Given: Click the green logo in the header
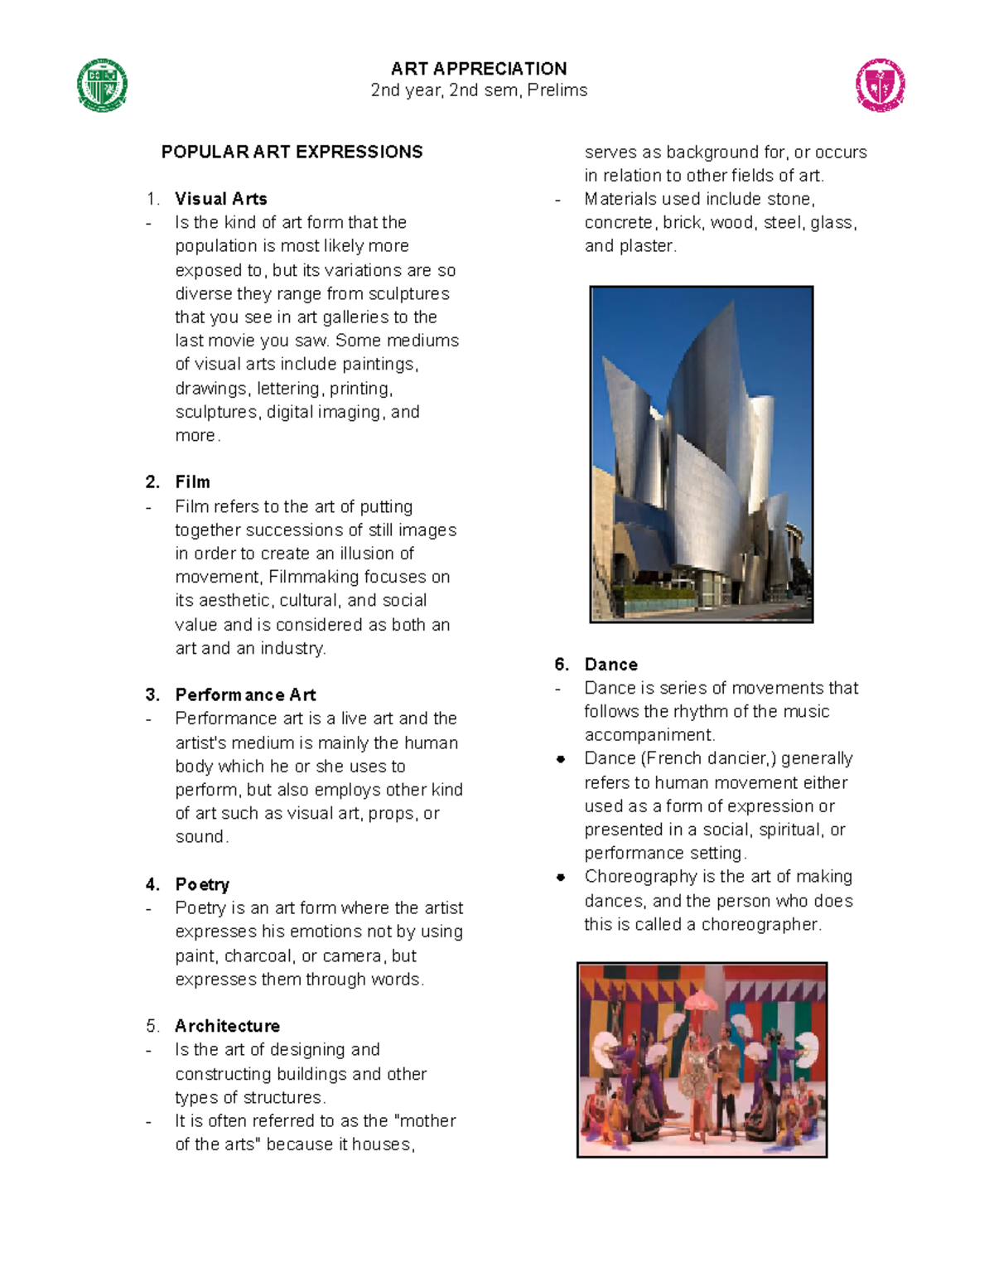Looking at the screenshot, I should point(102,85).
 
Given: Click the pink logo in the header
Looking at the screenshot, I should point(880,85).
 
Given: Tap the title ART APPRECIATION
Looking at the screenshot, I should point(479,69).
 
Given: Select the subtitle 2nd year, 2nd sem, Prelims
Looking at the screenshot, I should point(479,90).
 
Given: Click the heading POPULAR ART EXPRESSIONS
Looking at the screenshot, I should point(292,152).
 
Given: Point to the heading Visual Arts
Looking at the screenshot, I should point(220,199).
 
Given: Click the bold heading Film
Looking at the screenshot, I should point(192,482).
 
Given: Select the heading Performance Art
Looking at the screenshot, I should point(245,694).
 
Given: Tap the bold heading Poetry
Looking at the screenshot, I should point(202,884).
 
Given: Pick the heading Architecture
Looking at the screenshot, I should point(227,1026).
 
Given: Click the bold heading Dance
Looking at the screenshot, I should point(610,665).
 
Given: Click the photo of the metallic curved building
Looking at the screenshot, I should point(701,454).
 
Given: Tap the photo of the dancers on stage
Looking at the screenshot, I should point(702,1060).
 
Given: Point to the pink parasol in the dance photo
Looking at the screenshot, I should point(705,1000).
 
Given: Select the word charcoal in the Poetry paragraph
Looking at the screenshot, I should point(258,956).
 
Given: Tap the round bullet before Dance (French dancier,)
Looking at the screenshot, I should point(561,759).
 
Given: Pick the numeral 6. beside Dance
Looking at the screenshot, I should point(562,665).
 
